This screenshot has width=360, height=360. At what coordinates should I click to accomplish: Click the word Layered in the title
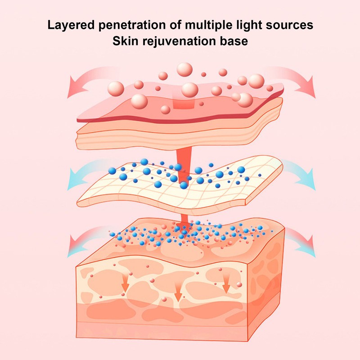pyautogui.click(x=71, y=25)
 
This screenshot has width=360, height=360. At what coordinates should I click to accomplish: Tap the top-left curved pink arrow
pyautogui.click(x=85, y=78)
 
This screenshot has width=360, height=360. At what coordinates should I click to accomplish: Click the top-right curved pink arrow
pyautogui.click(x=296, y=78)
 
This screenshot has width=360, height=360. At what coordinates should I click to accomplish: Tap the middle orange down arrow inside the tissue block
pyautogui.click(x=178, y=292)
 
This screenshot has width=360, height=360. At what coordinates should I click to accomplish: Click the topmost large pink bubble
pyautogui.click(x=184, y=69)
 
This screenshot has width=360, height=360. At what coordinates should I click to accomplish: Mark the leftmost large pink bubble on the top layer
pyautogui.click(x=116, y=89)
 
